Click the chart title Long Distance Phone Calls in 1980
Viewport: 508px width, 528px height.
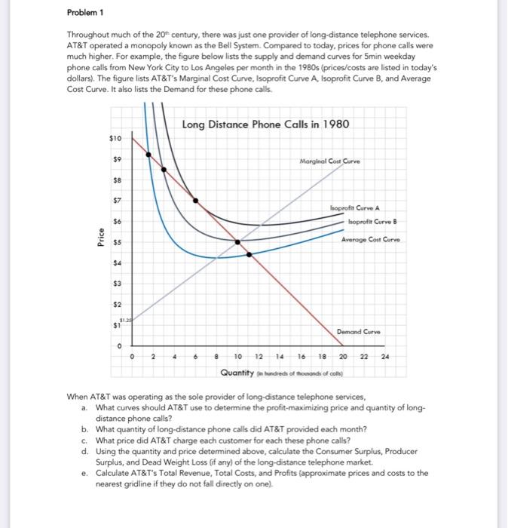[x=265, y=124]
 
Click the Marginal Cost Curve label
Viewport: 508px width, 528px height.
[x=329, y=161]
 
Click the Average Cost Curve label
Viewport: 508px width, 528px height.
[x=369, y=240]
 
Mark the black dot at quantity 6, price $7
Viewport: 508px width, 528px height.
[x=196, y=201]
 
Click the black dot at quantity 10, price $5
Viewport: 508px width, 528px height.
[x=238, y=242]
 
